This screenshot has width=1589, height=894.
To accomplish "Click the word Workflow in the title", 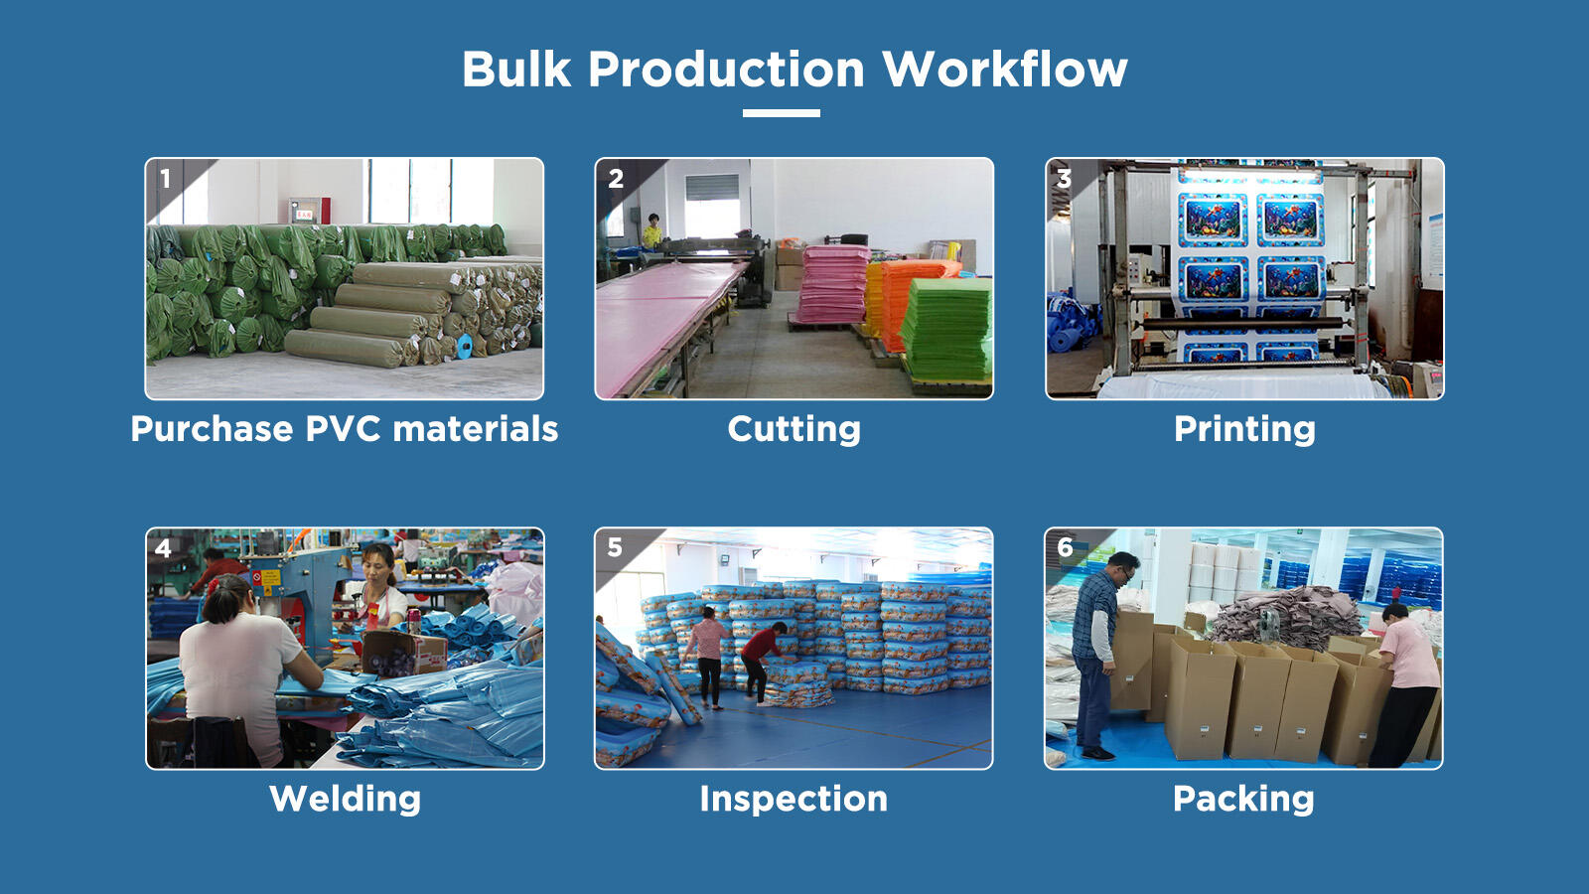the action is [1004, 70].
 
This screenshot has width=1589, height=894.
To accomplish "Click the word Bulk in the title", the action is [516, 70].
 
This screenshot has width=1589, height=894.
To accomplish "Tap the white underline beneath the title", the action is [781, 113].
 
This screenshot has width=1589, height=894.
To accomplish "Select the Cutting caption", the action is [794, 429].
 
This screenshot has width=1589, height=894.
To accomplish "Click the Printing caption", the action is [1244, 429].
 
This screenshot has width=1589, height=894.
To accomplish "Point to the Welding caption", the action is [345, 799].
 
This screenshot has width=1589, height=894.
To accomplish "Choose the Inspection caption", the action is [794, 799].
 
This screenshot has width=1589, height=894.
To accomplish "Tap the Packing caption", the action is [1242, 799].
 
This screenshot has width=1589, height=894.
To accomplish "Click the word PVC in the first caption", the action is [344, 429].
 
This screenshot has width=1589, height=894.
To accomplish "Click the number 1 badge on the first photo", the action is [165, 179].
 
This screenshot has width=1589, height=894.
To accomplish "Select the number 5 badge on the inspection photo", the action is [615, 547].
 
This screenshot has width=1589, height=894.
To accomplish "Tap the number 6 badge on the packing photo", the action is [1065, 547].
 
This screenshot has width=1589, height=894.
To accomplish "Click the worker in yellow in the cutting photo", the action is [651, 230].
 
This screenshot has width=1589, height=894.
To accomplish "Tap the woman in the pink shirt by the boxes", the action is [1404, 685].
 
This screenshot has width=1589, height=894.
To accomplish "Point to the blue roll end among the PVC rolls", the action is [466, 346].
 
